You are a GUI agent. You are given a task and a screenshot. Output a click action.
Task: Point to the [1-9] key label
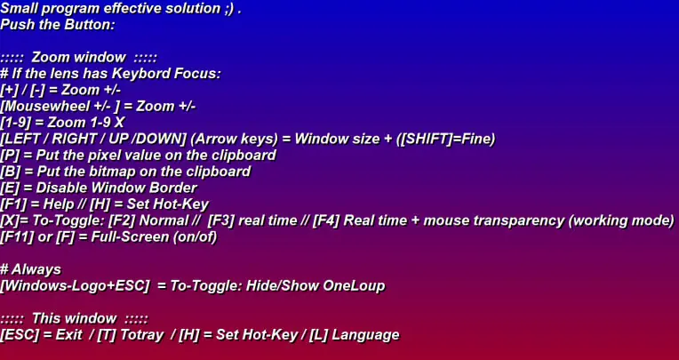[x=15, y=123]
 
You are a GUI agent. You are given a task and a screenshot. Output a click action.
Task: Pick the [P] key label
[x=11, y=156]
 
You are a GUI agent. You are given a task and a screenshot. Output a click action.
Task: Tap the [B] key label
[x=11, y=172]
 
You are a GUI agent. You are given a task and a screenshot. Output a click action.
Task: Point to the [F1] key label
[x=13, y=204]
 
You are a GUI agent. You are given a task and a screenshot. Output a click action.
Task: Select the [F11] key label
[x=17, y=237]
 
